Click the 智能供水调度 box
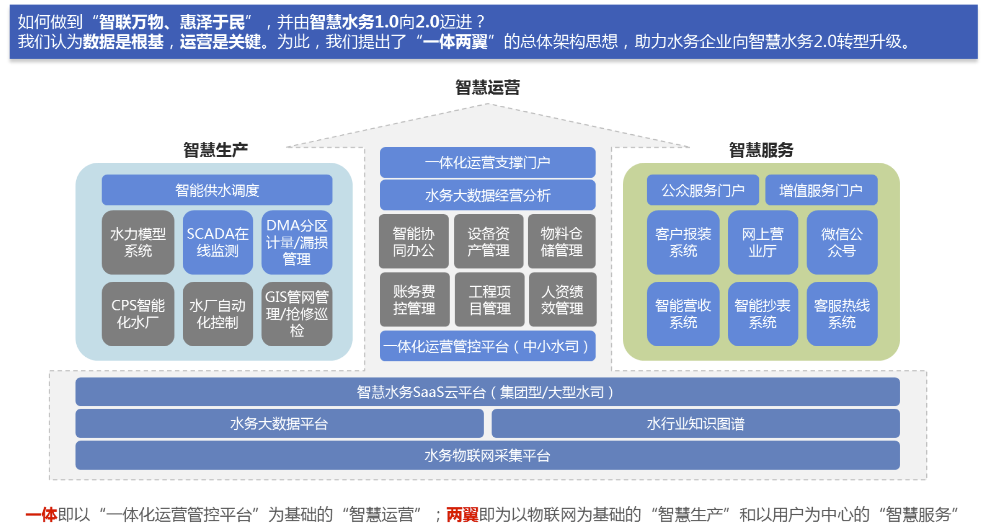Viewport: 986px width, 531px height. [217, 190]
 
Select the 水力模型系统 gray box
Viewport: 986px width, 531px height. [138, 242]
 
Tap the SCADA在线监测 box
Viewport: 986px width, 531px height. [218, 242]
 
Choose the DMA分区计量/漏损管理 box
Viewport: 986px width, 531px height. [297, 242]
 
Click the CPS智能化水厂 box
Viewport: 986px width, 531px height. [138, 314]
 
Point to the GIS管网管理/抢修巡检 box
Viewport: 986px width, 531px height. [297, 314]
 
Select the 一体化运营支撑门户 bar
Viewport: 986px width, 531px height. [488, 162]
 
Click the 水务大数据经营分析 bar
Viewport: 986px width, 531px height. [488, 195]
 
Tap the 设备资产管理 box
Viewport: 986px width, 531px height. [489, 241]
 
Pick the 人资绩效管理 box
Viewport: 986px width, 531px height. [563, 299]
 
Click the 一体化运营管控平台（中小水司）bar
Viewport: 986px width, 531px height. [488, 346]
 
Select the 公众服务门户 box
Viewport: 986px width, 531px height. [703, 190]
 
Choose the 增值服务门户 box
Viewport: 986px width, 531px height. [821, 190]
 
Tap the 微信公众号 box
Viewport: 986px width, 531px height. [842, 242]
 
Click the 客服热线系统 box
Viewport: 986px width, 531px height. [842, 314]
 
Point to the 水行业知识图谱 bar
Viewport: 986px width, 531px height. [695, 423]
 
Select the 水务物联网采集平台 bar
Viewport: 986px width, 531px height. [487, 455]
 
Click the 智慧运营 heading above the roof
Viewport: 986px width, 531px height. [488, 87]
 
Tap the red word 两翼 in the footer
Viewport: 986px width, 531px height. [462, 514]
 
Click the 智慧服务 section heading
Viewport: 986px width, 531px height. [761, 150]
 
